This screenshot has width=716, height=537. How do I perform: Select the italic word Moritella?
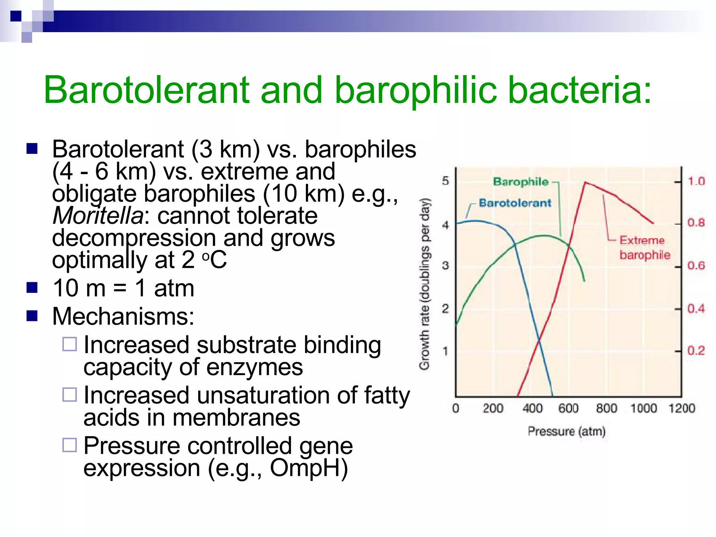[98, 215]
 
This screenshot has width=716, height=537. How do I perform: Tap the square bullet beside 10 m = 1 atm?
[32, 288]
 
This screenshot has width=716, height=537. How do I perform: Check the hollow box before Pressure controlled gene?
[70, 445]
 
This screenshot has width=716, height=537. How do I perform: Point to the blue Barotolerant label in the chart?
[515, 203]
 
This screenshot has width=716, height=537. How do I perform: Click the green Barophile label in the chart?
[521, 181]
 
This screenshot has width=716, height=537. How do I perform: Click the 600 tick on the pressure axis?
[568, 408]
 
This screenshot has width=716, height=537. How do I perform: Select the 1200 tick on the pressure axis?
[681, 408]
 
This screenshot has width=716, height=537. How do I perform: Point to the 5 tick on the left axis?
[445, 181]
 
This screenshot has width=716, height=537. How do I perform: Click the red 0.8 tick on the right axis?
[696, 223]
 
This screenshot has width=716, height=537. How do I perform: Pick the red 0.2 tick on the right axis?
[696, 350]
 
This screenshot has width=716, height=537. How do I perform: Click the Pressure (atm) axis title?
[566, 431]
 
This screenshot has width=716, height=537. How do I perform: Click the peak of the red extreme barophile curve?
[585, 182]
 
